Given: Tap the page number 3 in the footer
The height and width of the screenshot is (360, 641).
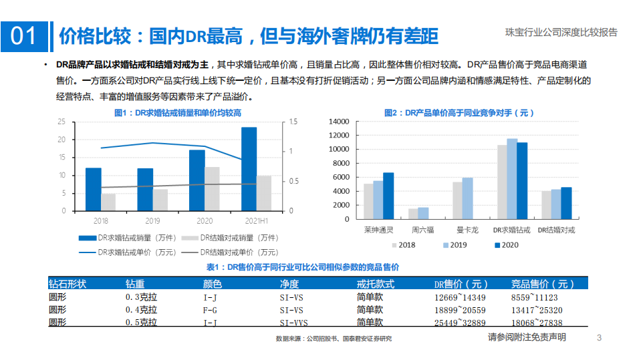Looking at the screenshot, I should [x=599, y=338].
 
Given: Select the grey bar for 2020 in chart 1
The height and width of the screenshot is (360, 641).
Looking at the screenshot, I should [x=212, y=189].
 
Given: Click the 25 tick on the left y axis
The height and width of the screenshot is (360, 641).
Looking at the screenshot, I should [x=61, y=122].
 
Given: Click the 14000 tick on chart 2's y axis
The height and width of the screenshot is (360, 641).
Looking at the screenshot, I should [x=340, y=122].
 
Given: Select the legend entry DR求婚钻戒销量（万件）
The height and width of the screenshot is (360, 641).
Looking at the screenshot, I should [x=120, y=238].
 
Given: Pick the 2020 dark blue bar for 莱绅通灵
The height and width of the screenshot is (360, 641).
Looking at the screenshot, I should [x=388, y=196].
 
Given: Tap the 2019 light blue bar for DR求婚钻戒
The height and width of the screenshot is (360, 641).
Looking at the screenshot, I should [x=512, y=179].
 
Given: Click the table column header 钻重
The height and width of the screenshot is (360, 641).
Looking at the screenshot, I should [x=135, y=285].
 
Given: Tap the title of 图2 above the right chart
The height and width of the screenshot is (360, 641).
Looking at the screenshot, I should [x=459, y=113].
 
